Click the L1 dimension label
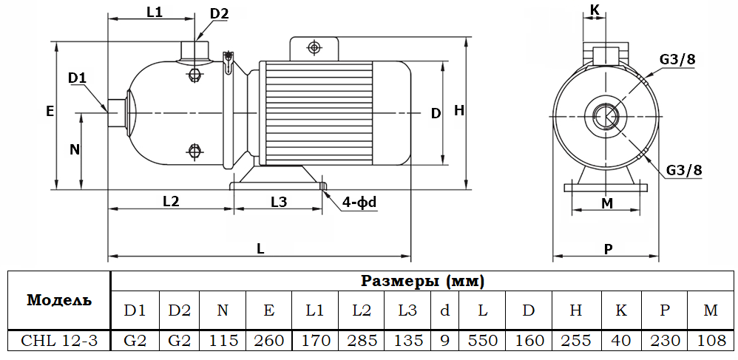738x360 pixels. point(154,12)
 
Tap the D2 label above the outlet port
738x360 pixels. point(219,13)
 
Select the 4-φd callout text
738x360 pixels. point(359,202)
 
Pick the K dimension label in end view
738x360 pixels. point(595,10)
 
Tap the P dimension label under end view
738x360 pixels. point(608,249)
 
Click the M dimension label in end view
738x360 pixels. point(607,203)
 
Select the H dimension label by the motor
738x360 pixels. point(459,111)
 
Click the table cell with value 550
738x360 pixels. point(482,341)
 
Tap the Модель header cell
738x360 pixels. point(59,300)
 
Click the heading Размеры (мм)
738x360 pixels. point(422,281)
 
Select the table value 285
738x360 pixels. point(362,341)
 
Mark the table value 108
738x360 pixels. point(710,341)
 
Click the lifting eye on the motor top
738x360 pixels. point(314,48)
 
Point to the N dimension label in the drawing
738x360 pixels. point(74,149)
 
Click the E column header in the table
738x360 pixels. point(269,310)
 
